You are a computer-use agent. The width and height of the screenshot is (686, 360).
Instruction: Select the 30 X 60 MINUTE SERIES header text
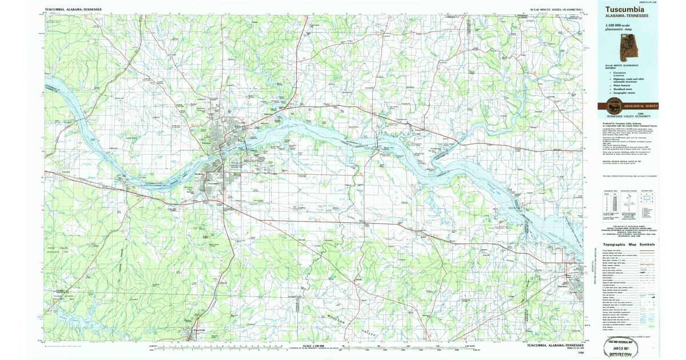click(x=556, y=10)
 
